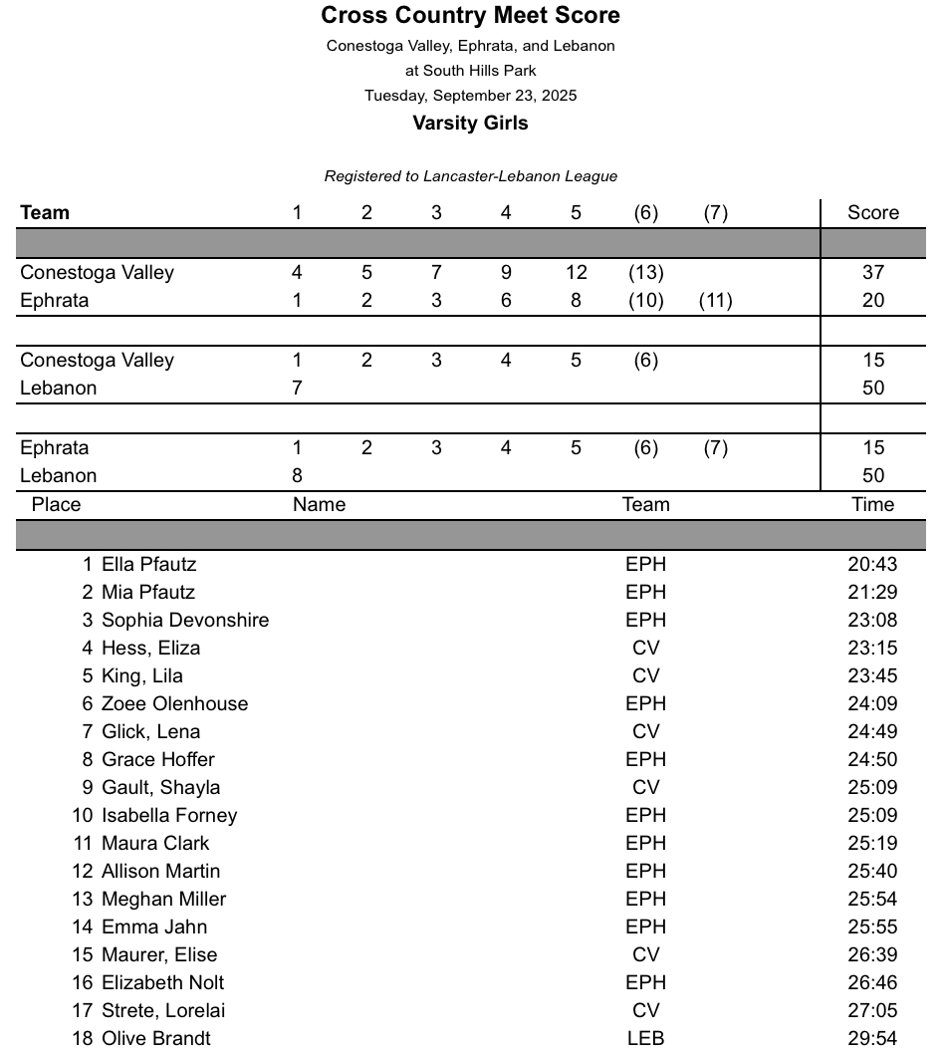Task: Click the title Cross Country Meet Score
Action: point(470,16)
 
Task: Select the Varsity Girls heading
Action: point(470,124)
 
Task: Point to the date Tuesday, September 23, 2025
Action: point(470,96)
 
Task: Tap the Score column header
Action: point(872,212)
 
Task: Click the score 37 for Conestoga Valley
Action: point(872,272)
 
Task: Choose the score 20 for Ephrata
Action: point(872,300)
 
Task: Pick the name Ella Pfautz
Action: point(149,564)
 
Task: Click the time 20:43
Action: point(872,564)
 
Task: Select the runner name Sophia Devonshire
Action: point(185,620)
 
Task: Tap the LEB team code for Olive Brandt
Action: point(645,1038)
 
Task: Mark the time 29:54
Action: point(872,1038)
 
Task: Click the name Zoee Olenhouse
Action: point(175,703)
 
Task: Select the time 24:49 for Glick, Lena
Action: point(872,731)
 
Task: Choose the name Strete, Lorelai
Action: point(163,1010)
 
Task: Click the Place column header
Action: point(56,504)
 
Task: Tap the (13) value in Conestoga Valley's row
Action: point(645,272)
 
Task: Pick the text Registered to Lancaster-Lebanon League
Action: point(470,176)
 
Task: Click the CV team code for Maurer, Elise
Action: point(645,954)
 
